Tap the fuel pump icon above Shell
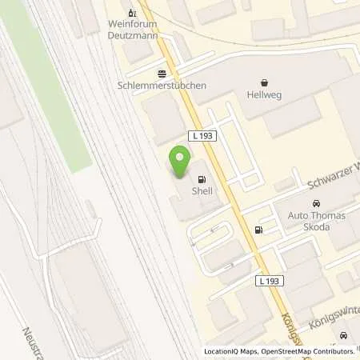[x=200, y=178]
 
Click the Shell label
[x=200, y=191]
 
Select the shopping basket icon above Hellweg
[x=264, y=82]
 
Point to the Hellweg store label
[x=264, y=94]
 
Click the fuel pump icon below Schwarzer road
[x=258, y=230]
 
